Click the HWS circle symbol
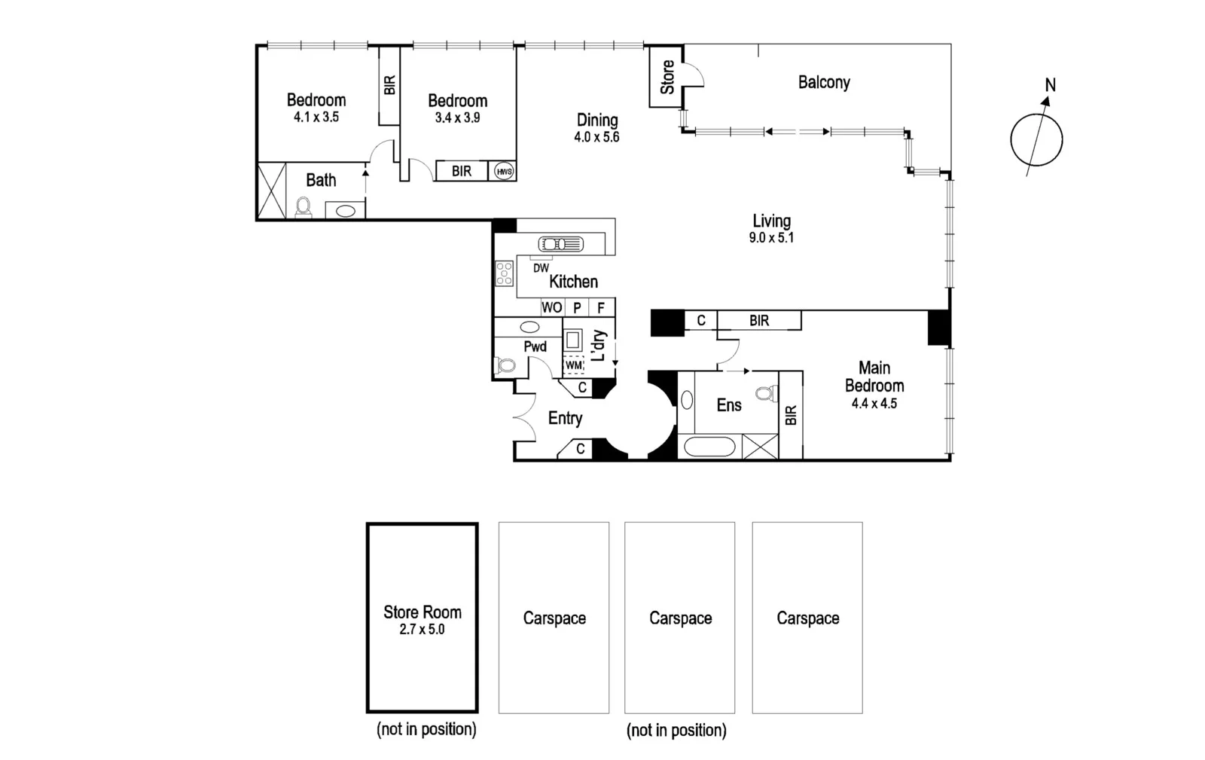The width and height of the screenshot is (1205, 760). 504,172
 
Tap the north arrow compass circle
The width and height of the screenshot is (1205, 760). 1036,139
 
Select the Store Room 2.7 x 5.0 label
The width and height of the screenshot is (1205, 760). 422,620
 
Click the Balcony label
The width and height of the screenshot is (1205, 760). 824,82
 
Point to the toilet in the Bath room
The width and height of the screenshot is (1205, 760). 304,206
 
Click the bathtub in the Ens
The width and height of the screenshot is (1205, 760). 707,447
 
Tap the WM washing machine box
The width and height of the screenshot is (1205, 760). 574,365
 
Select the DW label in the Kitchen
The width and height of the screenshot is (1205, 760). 541,267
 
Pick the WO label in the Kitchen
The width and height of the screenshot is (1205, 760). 551,307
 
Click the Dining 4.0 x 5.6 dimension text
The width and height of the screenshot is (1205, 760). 596,137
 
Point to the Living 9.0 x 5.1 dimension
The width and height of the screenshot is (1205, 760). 771,238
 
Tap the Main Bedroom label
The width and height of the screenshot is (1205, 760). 874,377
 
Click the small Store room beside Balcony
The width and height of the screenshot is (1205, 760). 667,77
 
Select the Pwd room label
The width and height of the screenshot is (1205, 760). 535,346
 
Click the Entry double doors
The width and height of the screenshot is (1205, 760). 520,417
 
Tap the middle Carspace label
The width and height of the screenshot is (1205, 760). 680,618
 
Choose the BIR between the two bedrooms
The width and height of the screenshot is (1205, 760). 389,85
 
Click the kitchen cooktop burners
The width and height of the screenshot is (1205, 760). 504,273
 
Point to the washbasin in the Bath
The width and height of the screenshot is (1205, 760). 345,211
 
